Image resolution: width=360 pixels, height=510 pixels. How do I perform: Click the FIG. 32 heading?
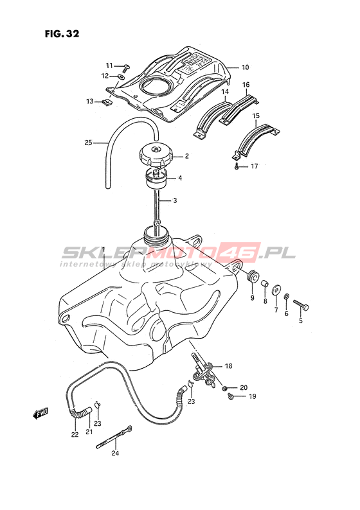pos(62,33)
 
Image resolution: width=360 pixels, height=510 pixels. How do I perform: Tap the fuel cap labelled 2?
pos(156,156)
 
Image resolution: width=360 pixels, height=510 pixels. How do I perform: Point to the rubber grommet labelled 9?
pos(253,276)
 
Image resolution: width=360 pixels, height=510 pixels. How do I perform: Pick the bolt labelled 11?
pos(125,67)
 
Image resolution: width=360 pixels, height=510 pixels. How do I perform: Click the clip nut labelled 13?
pos(107,102)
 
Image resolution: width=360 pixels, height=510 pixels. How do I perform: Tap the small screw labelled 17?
pos(237,166)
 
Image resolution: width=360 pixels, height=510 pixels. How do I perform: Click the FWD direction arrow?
pos(41,414)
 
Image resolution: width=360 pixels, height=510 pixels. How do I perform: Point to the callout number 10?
pos(245,67)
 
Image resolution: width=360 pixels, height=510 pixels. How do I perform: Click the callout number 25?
pos(89,143)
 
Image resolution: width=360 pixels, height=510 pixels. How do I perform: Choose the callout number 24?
pos(115,453)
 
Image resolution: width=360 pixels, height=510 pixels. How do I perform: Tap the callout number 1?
pos(104,250)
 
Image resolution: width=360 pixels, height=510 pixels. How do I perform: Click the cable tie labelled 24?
pos(114,437)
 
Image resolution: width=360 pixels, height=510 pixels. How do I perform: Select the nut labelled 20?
pos(224,388)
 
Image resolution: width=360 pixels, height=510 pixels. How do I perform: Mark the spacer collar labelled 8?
pos(265,283)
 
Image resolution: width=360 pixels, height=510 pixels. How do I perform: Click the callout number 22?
pos(75,435)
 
